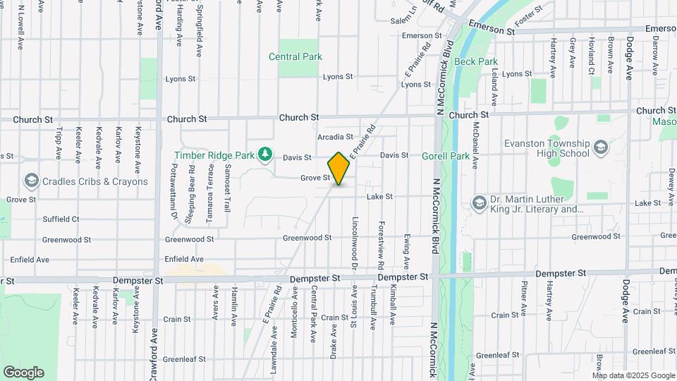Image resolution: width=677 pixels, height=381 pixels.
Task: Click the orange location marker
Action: [x=338, y=169]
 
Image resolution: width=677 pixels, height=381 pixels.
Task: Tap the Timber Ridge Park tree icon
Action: [x=265, y=155]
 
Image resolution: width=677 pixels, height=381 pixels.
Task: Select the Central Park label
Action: [x=295, y=56]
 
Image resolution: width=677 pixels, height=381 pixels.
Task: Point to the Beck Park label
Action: [x=476, y=61]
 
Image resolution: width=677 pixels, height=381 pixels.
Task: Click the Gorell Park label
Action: [x=446, y=155]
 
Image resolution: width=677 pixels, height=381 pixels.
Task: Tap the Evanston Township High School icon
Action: [x=600, y=147]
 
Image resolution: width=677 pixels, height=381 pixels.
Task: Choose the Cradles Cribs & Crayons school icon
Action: [x=31, y=181]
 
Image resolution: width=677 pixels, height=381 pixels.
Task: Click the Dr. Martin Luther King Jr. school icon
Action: [x=480, y=203]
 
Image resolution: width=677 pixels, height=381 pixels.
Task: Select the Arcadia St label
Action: [x=335, y=136]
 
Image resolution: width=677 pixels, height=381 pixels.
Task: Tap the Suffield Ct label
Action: [x=61, y=219]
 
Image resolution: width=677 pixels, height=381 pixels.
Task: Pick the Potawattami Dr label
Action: [x=173, y=192]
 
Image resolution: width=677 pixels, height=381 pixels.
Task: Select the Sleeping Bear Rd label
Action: [x=190, y=195]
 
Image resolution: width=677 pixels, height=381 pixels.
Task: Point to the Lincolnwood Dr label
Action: [x=355, y=243]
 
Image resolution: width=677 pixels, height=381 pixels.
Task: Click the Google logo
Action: [x=23, y=372]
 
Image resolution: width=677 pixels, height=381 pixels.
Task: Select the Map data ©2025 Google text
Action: [x=633, y=375]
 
